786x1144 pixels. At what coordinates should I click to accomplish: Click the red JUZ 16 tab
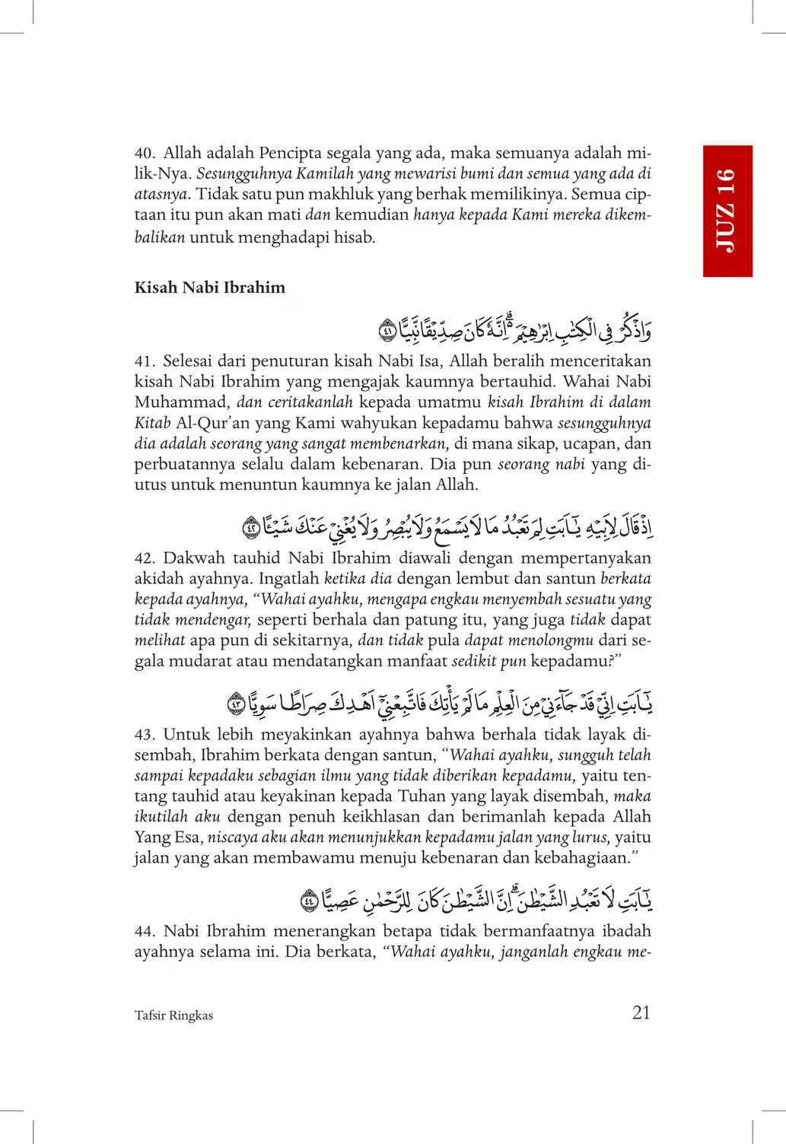pyautogui.click(x=727, y=211)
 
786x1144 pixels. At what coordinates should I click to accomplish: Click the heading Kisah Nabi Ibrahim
pyautogui.click(x=210, y=288)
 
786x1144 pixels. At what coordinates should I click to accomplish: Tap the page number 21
pyautogui.click(x=641, y=1012)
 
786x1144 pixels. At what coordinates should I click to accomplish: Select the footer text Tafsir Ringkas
pyautogui.click(x=173, y=1015)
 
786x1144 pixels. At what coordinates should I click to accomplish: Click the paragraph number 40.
pyautogui.click(x=145, y=154)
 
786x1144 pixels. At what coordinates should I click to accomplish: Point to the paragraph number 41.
pyautogui.click(x=145, y=361)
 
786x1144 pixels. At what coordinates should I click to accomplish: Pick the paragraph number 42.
pyautogui.click(x=145, y=558)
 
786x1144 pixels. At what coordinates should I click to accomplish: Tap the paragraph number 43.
pyautogui.click(x=145, y=735)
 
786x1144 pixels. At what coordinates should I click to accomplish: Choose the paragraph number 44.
pyautogui.click(x=145, y=931)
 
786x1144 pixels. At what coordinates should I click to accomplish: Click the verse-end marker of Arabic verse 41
pyautogui.click(x=387, y=332)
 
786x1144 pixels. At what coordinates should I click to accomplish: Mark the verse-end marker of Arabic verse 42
pyautogui.click(x=251, y=526)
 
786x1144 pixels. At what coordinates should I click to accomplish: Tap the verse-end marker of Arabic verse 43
pyautogui.click(x=237, y=704)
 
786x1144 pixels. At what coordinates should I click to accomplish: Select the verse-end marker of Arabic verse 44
pyautogui.click(x=310, y=901)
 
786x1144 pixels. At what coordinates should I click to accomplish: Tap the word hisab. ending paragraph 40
pyautogui.click(x=355, y=237)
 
